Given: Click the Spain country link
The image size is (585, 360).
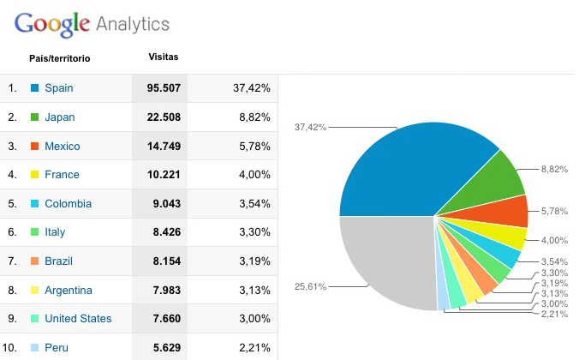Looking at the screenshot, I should coord(58,88).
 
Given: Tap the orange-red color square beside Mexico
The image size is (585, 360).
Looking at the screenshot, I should coord(34,146).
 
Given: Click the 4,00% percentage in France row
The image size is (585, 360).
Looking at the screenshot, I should coord(254,175).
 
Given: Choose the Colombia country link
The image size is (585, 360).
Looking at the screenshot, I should coord(68,204).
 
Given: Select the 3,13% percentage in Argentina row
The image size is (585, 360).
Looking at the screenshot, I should coord(254,290).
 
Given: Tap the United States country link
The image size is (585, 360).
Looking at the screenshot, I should coord(78,319).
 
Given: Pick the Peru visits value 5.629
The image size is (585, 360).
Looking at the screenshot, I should coord(163,347).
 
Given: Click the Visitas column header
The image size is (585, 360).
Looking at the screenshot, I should coord(163,57).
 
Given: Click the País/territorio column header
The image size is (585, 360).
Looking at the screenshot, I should coord(59,58).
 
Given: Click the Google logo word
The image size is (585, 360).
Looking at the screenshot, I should coord(52,23).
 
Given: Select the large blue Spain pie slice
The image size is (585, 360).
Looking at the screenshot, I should coord(411,171).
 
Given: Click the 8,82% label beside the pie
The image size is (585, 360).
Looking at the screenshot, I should coord(555,169).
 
